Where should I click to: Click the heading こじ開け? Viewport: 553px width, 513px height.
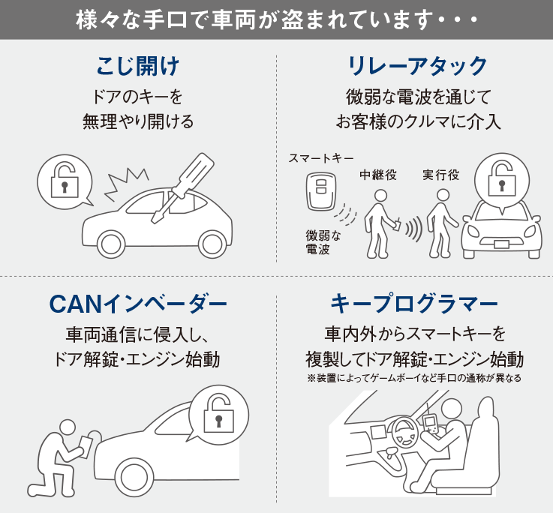[138, 66]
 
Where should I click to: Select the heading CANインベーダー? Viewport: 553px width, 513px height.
[138, 304]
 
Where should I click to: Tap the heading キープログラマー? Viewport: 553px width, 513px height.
[414, 304]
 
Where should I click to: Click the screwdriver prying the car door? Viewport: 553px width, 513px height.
[181, 186]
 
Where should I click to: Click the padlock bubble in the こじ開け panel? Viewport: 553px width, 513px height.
[65, 180]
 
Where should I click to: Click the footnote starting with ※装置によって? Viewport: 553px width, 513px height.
[414, 378]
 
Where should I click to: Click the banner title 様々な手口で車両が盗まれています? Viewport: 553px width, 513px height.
[276, 19]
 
